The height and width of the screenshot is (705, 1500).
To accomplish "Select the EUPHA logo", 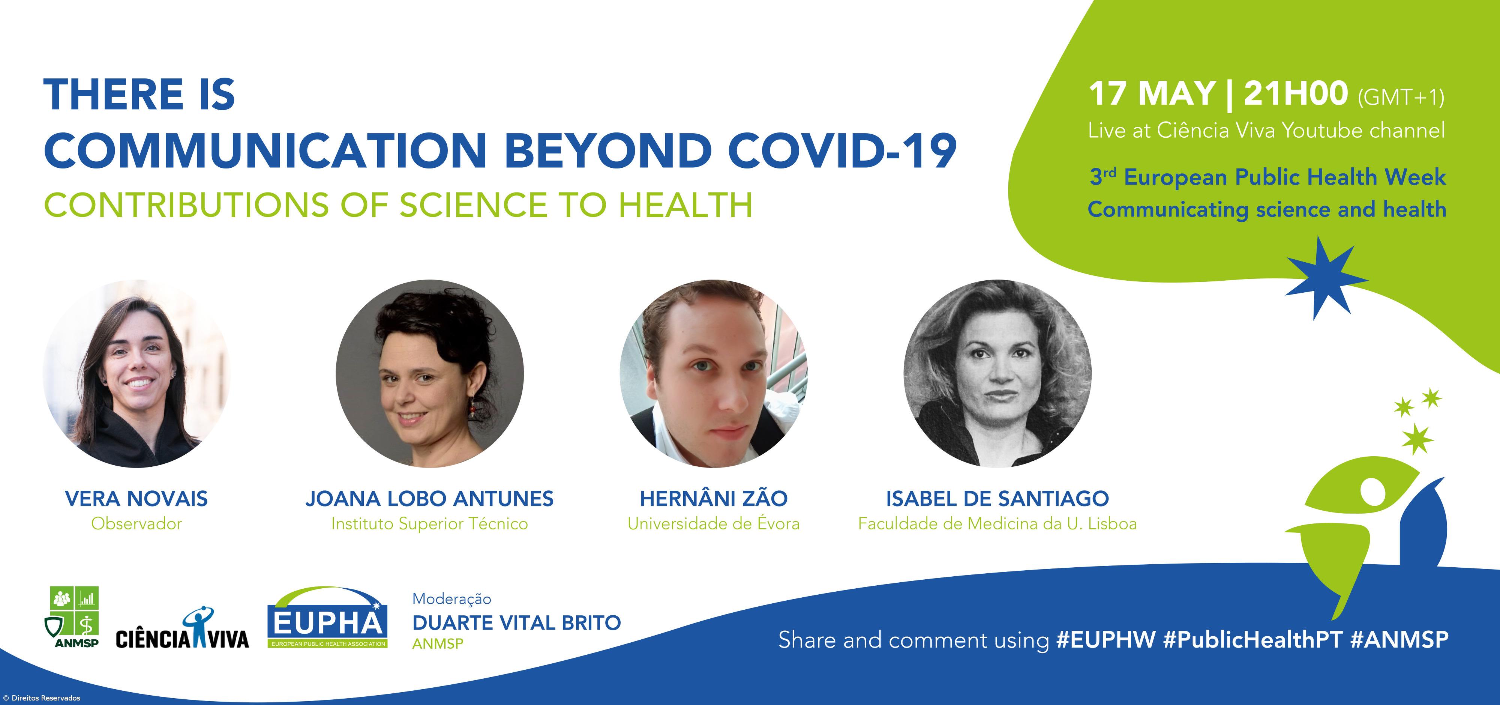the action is pos(327,618).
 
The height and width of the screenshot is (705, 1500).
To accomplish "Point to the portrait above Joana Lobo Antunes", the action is pos(430,373).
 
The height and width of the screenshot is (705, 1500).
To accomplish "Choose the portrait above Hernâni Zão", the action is pos(713,373).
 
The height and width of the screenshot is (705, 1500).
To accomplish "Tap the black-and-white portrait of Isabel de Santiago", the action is pos(997,373).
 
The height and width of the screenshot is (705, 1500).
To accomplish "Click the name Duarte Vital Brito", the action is pos(516,622).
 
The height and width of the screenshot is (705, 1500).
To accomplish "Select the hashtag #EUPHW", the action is pos(1105,640).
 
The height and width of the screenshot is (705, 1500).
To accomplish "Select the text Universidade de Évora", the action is pos(713,524).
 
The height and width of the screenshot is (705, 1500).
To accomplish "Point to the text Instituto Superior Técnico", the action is pos(430,524).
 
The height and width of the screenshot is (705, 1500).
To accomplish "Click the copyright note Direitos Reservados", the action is pos(42,698).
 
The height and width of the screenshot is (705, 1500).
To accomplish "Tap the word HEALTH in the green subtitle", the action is pos(685,205).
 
